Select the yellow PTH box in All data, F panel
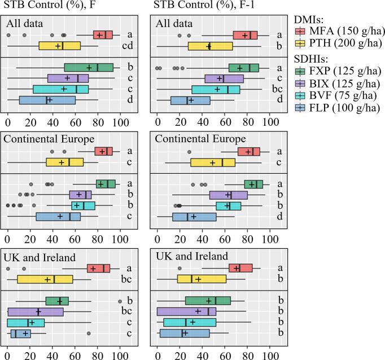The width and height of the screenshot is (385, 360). (59, 46)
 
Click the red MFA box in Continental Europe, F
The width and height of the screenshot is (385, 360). (103, 151)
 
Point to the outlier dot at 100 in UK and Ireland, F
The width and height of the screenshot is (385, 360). (120, 301)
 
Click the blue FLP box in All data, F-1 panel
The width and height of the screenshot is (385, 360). (190, 100)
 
